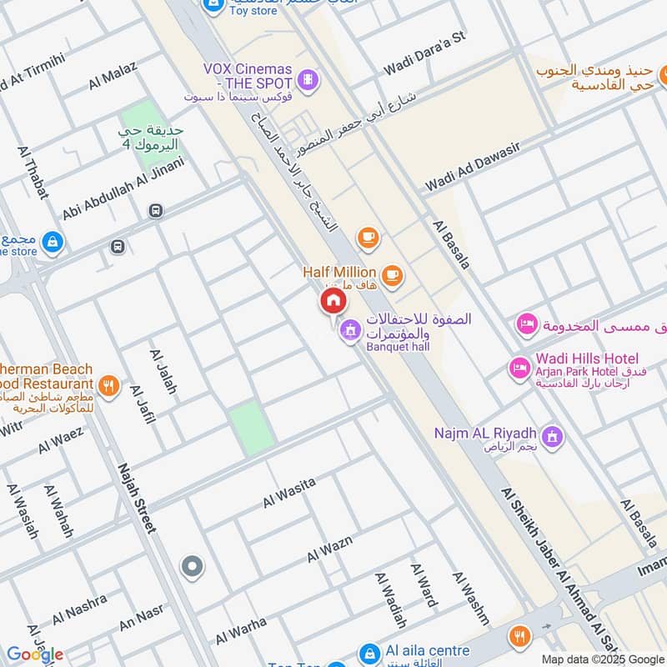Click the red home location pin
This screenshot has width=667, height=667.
[333, 301]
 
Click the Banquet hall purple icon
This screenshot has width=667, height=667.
[349, 331]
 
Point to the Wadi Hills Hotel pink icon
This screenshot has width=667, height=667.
[519, 367]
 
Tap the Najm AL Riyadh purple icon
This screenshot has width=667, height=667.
[552, 434]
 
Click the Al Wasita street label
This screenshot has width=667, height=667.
[289, 493]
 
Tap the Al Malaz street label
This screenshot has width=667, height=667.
[113, 76]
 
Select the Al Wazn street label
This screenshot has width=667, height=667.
[329, 548]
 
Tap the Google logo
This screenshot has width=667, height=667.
[35, 654]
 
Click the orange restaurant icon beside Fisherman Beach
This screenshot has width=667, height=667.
[108, 385]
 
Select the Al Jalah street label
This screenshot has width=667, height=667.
[163, 371]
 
